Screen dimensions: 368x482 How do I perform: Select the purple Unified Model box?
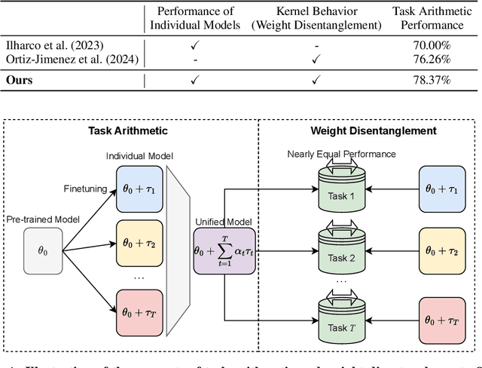pyautogui.click(x=226, y=250)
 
